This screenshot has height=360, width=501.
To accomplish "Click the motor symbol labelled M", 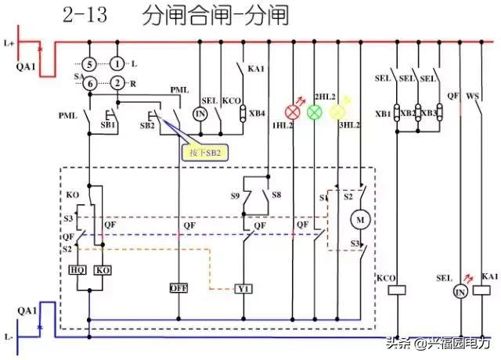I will coord(360,220).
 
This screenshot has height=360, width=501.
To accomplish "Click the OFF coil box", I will coord(178,288).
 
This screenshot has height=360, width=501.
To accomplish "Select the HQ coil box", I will coord(79,269).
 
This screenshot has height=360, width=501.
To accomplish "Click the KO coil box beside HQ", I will coord(103,269).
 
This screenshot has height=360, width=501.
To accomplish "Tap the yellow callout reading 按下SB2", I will coord(204,152).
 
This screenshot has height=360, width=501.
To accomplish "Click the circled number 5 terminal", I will coord(90,64).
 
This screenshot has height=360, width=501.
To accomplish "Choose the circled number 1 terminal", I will coord(117,64).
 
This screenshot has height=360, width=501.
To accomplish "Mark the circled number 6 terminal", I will coord(90,84).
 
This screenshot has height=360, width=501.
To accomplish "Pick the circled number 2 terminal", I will coord(117,84).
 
